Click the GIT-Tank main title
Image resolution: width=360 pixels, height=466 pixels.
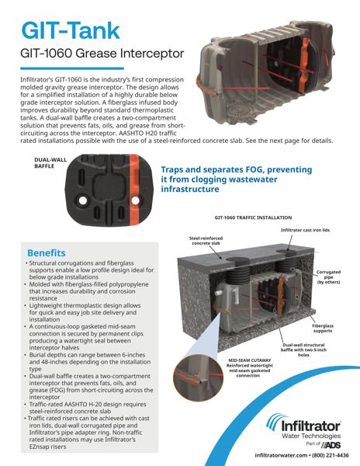(71, 30)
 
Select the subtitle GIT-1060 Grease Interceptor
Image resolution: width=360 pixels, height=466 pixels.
(102, 54)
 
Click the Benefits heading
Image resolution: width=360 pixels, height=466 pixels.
(47, 253)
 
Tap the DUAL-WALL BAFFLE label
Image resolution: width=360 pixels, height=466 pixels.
(50, 162)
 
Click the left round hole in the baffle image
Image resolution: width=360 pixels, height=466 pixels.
(83, 200)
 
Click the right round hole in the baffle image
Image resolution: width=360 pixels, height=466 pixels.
(135, 200)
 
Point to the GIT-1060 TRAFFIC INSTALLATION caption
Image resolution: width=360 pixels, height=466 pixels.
(253, 217)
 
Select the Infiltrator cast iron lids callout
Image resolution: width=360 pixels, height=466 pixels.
(305, 230)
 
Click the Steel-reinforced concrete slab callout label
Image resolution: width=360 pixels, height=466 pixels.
(206, 241)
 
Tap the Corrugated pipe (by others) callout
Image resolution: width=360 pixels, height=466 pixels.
(328, 277)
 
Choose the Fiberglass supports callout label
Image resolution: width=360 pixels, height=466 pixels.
(323, 328)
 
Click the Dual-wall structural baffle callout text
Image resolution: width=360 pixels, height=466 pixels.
(303, 349)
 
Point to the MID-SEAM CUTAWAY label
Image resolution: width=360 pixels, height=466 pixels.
(250, 360)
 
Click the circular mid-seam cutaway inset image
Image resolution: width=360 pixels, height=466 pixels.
(198, 374)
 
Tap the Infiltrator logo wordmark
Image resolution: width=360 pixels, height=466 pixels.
(311, 426)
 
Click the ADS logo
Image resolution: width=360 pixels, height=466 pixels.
(331, 445)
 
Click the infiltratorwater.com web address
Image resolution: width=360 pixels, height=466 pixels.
(281, 455)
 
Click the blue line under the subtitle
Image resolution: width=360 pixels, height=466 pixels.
(72, 68)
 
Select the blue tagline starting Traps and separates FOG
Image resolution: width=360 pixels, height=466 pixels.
(237, 179)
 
